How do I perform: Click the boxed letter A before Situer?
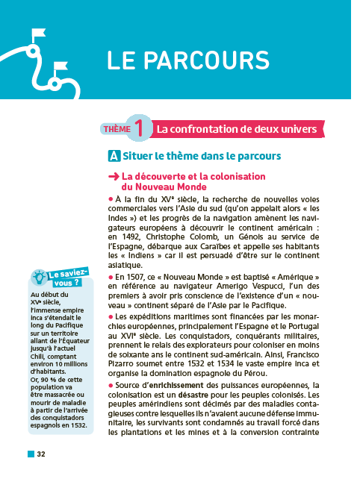pyautogui.click(x=114, y=157)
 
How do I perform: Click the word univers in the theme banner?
pyautogui.click(x=297, y=130)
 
